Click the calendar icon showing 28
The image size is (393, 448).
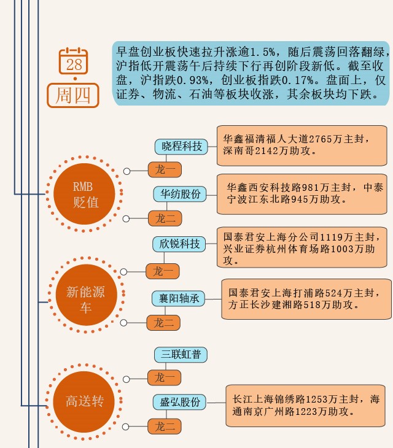pyautogui.click(x=74, y=61)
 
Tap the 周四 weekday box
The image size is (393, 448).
pyautogui.click(x=73, y=95)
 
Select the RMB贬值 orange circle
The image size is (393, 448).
pyautogui.click(x=85, y=194)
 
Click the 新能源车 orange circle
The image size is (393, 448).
pyautogui.click(x=85, y=299)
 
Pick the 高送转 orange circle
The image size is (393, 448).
pyautogui.click(x=85, y=402)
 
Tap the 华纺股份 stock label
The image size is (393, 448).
pyautogui.click(x=181, y=194)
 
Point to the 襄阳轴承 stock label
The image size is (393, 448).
pyautogui.click(x=179, y=298)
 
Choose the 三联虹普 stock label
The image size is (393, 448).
pyautogui.click(x=181, y=355)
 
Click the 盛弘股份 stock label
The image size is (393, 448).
pyautogui.click(x=180, y=403)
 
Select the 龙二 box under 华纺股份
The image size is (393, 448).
pyautogui.click(x=165, y=218)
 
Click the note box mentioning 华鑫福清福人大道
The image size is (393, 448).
pyautogui.click(x=302, y=145)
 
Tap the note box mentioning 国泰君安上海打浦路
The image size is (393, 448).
pyautogui.click(x=305, y=299)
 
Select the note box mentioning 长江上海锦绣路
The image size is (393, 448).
pyautogui.click(x=305, y=406)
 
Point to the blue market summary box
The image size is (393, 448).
pyautogui.click(x=251, y=73)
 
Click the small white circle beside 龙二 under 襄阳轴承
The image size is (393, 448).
pyautogui.click(x=125, y=322)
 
